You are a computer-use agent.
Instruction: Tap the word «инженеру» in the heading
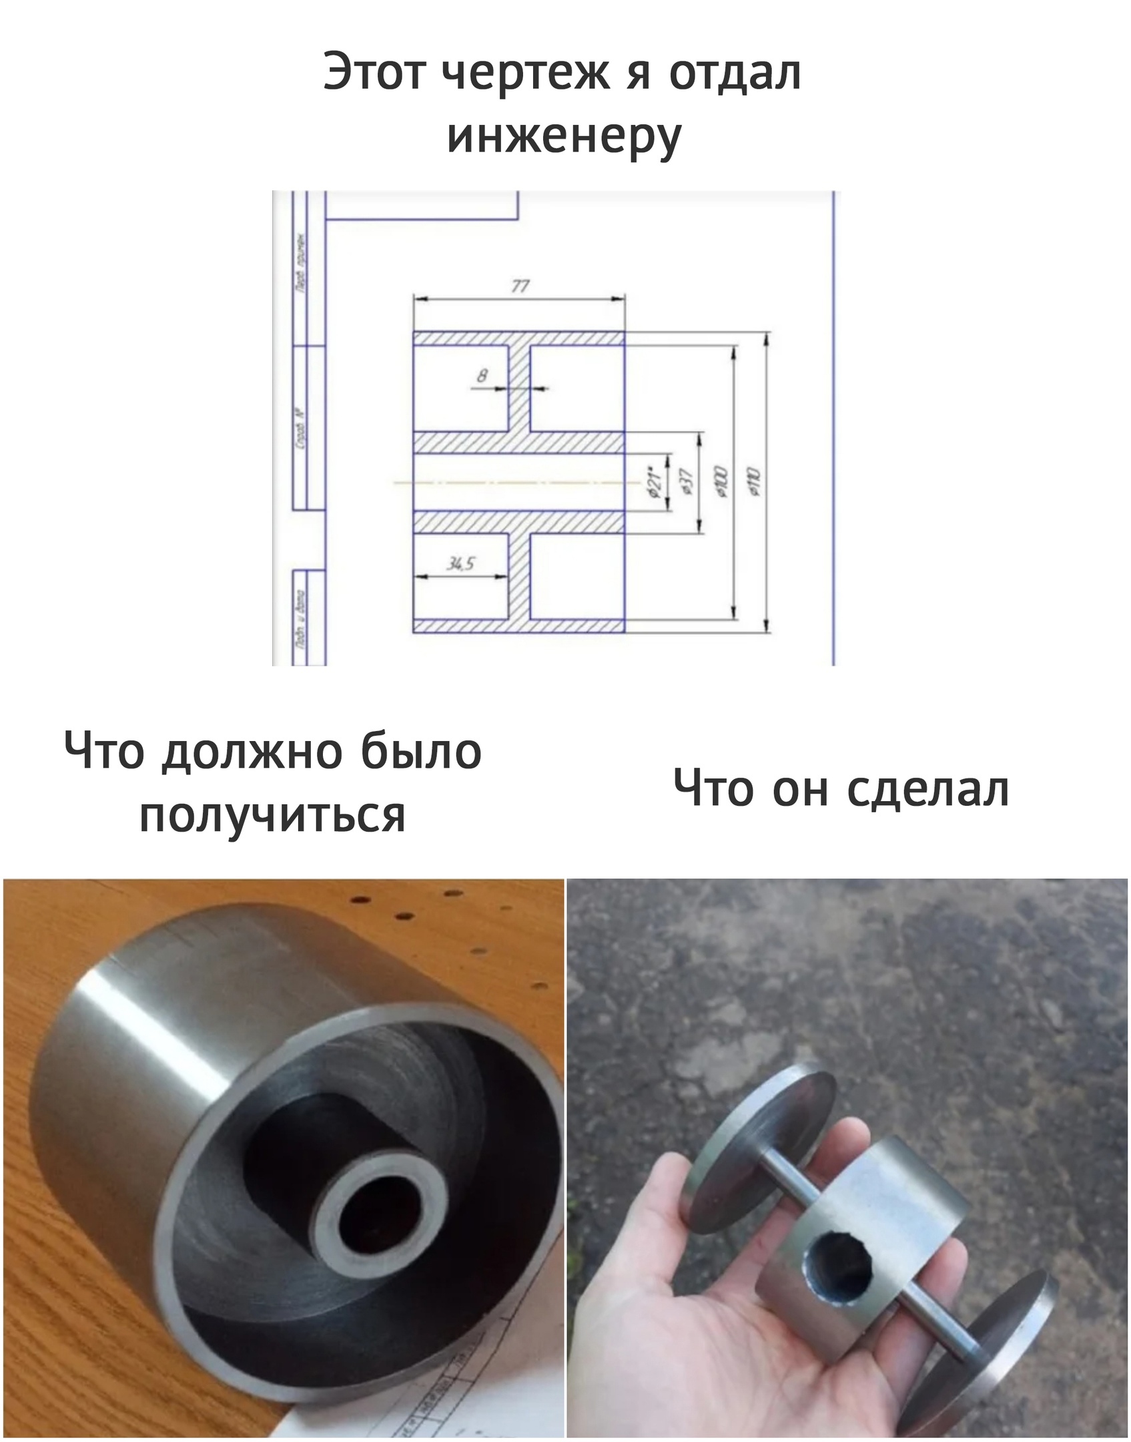[564, 137]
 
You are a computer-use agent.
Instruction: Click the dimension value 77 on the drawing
[520, 286]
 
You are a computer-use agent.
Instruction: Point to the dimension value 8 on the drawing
[482, 376]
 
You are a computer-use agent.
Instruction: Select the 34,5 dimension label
[460, 564]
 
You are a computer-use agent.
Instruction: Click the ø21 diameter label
[655, 482]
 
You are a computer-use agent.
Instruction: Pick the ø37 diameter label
[688, 482]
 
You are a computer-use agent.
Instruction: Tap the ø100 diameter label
[722, 482]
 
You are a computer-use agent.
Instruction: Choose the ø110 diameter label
[755, 482]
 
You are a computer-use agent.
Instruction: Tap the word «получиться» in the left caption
[272, 815]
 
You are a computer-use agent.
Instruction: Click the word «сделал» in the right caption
[927, 790]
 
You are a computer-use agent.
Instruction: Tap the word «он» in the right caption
[799, 790]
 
